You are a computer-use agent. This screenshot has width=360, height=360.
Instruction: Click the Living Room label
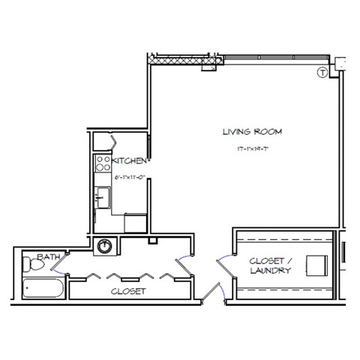(x=247, y=132)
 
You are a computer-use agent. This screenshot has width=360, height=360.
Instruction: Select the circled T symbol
(x=322, y=73)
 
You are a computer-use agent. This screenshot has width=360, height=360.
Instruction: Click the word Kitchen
(x=129, y=160)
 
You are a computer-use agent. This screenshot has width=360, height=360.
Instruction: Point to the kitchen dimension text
(x=129, y=177)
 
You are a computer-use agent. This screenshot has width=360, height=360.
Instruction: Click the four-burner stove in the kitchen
(x=102, y=165)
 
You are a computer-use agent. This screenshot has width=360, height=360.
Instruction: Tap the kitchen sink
(x=103, y=199)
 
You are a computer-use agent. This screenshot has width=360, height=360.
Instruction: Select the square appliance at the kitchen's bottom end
(x=136, y=223)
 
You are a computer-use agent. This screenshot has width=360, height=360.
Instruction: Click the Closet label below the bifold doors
(x=127, y=290)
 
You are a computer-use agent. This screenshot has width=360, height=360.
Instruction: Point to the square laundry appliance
(x=316, y=265)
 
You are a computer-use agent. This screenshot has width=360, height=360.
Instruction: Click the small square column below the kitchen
(x=153, y=241)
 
